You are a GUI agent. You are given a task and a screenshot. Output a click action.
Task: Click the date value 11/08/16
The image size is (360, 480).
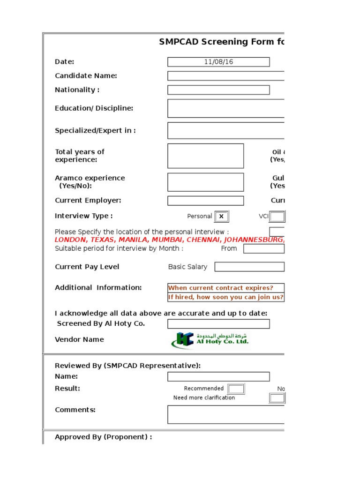coord(218,62)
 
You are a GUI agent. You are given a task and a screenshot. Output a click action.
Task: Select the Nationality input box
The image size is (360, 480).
coord(218,90)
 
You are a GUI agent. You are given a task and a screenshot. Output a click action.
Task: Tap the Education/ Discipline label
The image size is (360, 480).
coord(94,108)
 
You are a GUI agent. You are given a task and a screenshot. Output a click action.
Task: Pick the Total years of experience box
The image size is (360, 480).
coord(206,156)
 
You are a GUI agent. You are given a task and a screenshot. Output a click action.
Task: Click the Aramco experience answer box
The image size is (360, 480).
coord(206,182)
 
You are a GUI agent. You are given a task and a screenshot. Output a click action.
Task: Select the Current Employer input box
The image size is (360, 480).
coord(206,201)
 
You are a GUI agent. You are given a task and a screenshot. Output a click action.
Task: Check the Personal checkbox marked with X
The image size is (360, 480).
coord(221,217)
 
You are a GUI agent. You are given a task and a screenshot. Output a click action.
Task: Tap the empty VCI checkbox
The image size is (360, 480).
coord(277,217)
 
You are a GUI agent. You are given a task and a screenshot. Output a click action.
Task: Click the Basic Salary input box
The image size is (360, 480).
coord(249,267)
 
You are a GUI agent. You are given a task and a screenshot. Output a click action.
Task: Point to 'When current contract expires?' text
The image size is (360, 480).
coord(220,288)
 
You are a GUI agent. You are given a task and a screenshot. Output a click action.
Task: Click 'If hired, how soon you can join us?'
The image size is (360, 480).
coord(226,297)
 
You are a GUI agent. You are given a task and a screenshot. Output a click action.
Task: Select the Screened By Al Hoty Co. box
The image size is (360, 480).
coord(218,324)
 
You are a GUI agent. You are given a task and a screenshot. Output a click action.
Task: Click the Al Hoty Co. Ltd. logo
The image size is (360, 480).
coord(210,340)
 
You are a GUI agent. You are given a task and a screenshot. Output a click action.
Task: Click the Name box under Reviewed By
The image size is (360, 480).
coord(218,376)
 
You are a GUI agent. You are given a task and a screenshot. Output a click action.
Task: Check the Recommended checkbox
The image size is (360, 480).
coord(236,389)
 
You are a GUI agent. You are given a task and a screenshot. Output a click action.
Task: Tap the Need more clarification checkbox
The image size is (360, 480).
coord(277,398)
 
